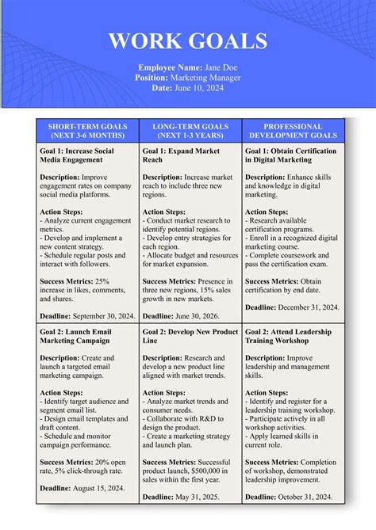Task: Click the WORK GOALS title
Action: [x=188, y=41]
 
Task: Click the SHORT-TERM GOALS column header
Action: [x=88, y=131]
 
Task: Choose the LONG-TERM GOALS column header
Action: [x=190, y=131]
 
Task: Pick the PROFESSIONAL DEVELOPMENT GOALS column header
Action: [x=293, y=131]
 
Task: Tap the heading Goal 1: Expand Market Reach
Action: [x=181, y=154]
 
